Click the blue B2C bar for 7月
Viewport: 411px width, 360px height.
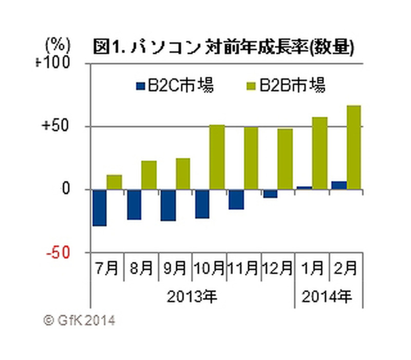tap(99, 207)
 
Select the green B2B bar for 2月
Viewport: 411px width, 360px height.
tap(353, 147)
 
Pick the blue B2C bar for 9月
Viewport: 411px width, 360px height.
tap(168, 205)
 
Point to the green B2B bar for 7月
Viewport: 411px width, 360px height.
tap(114, 182)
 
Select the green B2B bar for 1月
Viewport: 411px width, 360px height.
tap(320, 153)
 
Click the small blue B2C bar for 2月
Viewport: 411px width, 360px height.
tap(339, 185)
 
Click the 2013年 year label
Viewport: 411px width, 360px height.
tap(192, 297)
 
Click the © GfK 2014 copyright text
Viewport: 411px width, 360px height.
tap(80, 320)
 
